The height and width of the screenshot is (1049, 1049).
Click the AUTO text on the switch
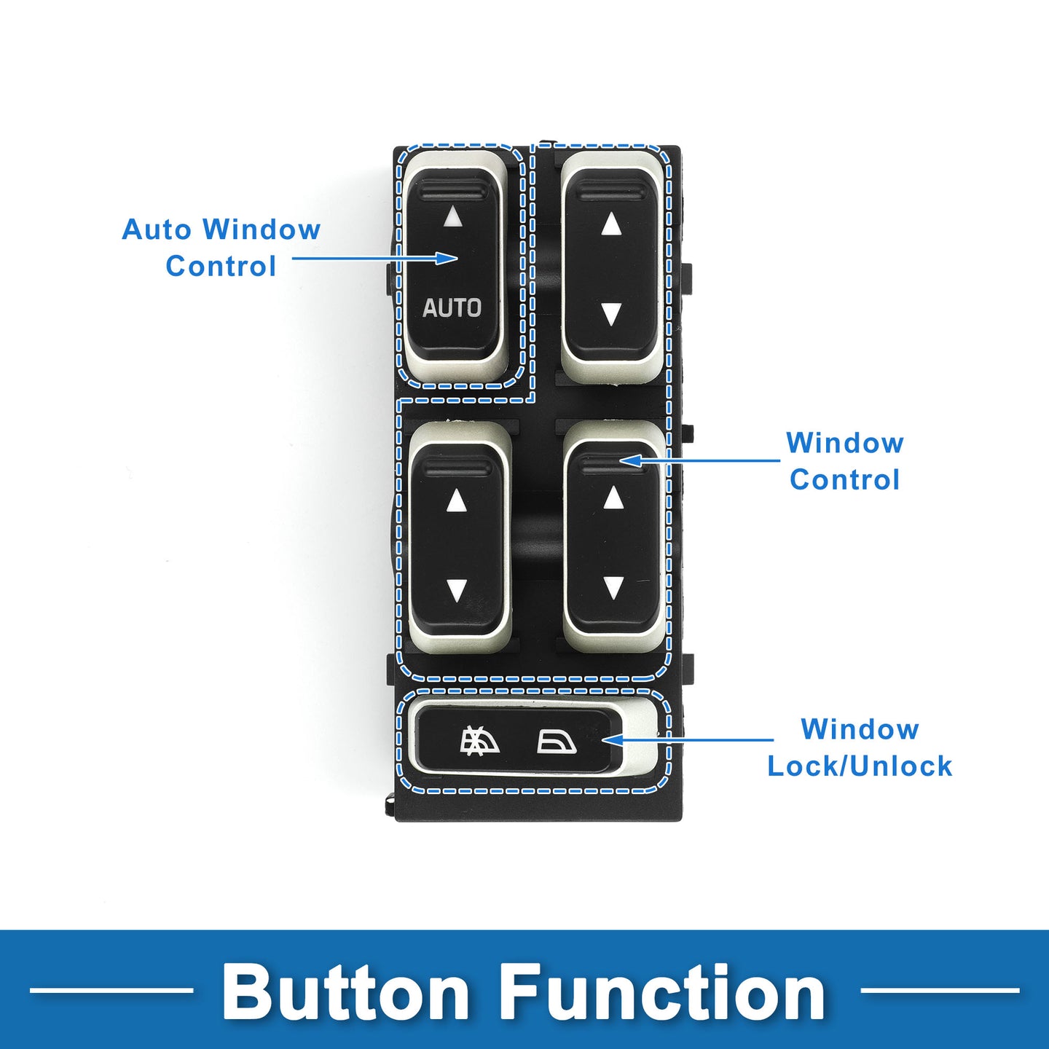[452, 307]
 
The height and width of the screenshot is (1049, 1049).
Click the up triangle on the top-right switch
[612, 224]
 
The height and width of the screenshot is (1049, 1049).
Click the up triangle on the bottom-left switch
[456, 500]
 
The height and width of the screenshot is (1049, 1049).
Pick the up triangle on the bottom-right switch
[613, 497]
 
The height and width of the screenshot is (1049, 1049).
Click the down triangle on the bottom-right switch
[613, 588]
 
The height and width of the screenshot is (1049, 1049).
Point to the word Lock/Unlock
[860, 766]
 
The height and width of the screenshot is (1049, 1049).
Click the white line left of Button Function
[111, 990]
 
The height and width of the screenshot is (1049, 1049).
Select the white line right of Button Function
[940, 990]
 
